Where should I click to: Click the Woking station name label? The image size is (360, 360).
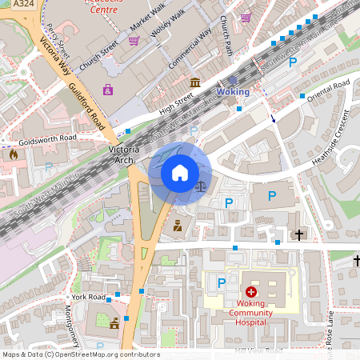coord(234,92)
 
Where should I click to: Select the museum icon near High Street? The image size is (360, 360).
coord(196,82)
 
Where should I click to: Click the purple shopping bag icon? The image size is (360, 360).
coord(107,90)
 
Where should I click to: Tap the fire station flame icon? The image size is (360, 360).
coord(14,154)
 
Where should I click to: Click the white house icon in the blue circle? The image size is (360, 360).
coord(180,173)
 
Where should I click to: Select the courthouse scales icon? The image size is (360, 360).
coord(200,186)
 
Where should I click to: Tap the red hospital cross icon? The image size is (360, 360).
coord(251,293)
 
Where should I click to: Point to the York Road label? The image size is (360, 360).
coord(88,297)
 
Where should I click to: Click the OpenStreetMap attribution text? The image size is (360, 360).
coord(80,354)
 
